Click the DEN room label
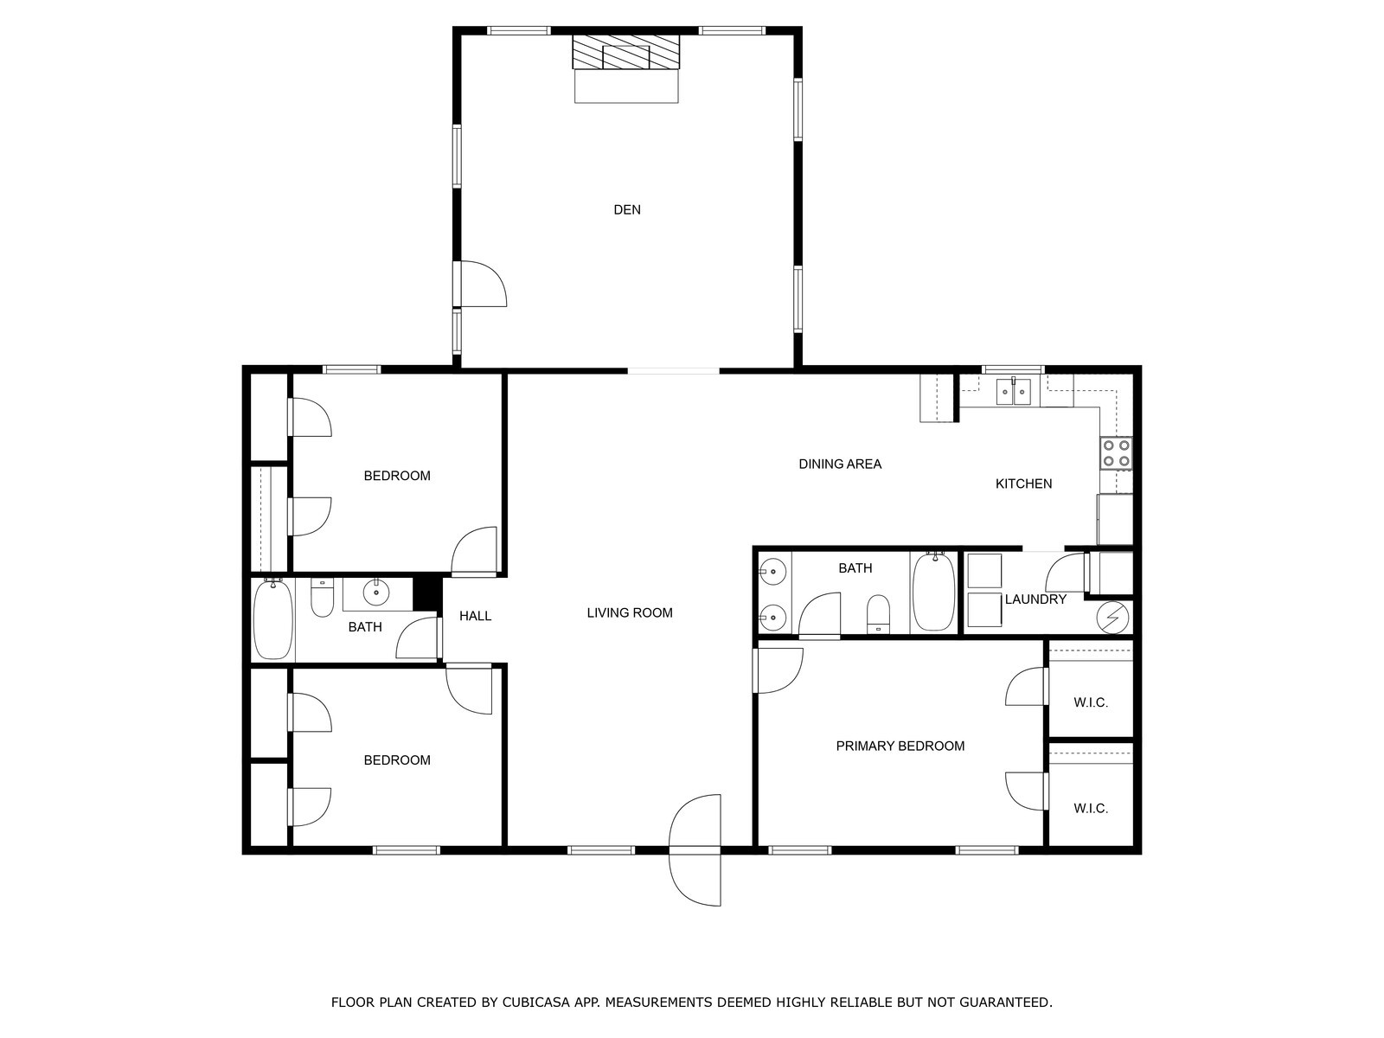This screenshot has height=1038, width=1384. tap(627, 210)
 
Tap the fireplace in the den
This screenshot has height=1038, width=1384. tap(626, 52)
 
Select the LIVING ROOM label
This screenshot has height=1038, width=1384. tap(629, 612)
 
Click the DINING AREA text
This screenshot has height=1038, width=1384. tap(840, 465)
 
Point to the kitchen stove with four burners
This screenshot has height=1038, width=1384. tap(1116, 453)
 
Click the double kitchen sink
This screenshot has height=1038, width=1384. tap(1013, 391)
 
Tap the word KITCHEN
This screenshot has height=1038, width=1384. tap(1023, 484)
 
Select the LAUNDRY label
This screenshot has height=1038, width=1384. tap(1035, 599)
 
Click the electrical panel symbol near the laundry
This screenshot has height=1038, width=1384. tap(1112, 618)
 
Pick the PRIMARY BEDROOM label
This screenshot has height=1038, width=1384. tap(900, 746)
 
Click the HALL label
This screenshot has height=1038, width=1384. tap(475, 616)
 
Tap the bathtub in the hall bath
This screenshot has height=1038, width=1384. tap(273, 619)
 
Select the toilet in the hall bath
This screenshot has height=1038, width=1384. tap(322, 598)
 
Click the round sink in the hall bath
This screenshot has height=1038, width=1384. tap(376, 593)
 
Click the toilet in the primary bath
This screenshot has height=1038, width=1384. tap(878, 614)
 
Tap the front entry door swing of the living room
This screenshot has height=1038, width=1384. tap(695, 850)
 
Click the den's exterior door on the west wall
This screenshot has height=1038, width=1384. tap(480, 284)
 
